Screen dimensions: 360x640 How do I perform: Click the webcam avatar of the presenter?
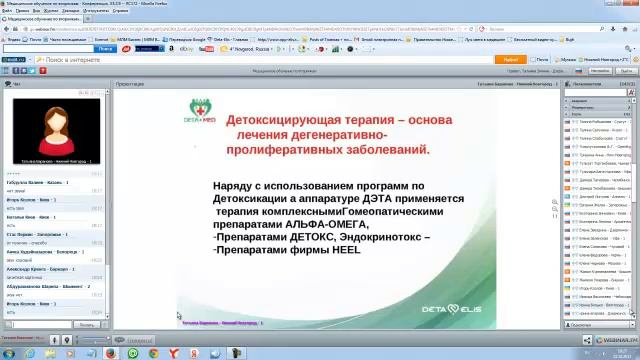(x=56, y=129)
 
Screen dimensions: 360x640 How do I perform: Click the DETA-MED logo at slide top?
(x=203, y=109)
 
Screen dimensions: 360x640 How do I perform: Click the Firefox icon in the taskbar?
(x=111, y=352)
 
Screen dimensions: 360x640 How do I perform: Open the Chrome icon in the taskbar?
(x=133, y=352)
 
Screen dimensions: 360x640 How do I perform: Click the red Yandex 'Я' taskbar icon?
(x=176, y=352)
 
